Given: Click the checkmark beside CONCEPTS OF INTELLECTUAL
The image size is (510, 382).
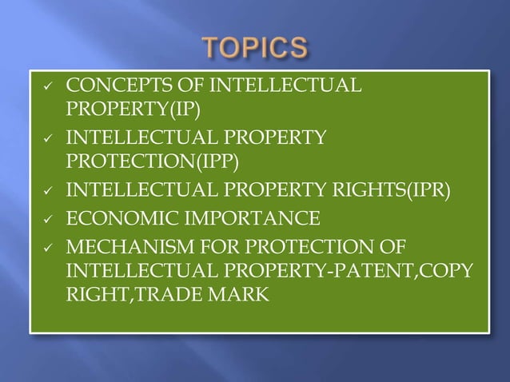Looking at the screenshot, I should coord(44,86).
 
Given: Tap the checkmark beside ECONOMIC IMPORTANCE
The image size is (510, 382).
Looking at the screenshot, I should coord(44,218).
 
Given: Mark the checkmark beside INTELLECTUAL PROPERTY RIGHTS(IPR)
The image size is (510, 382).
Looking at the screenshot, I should coord(44,192).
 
